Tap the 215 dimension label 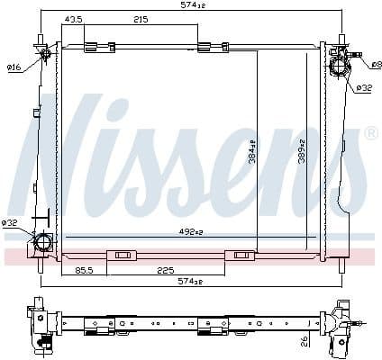point(141,19)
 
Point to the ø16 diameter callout point(14,66)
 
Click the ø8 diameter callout point(377,64)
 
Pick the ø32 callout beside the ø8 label point(364,87)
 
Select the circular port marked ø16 point(45,56)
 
